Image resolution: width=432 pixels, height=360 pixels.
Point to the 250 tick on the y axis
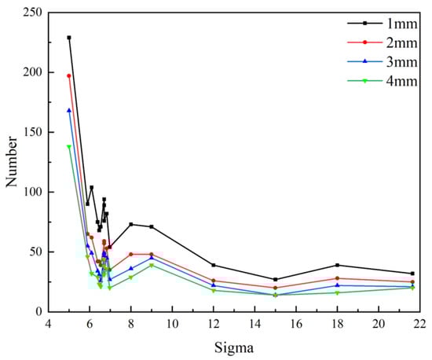pyautogui.click(x=32, y=13)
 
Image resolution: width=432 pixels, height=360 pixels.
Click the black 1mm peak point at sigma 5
pyautogui.click(x=69, y=38)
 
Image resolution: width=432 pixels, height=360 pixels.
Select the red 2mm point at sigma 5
pyautogui.click(x=69, y=75)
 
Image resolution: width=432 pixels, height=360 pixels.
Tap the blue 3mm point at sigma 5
pyautogui.click(x=69, y=110)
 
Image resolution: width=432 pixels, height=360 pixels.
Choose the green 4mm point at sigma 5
pyautogui.click(x=69, y=146)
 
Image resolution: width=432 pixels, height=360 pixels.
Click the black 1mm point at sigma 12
pyautogui.click(x=214, y=265)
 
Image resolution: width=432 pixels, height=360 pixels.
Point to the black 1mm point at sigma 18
pyautogui.click(x=337, y=265)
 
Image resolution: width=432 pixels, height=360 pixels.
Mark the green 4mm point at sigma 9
pyautogui.click(x=152, y=265)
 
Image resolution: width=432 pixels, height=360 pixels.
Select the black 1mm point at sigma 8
pyautogui.click(x=131, y=224)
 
